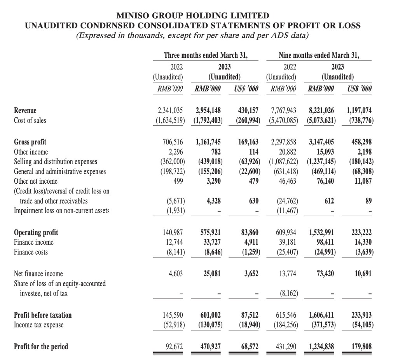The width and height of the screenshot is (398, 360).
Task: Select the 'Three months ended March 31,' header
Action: [x=206, y=55]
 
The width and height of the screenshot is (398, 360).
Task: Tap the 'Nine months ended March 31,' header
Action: [x=319, y=55]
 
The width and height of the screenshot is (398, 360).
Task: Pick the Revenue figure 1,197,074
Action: [x=358, y=110]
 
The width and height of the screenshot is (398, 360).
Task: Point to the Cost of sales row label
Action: [x=30, y=120]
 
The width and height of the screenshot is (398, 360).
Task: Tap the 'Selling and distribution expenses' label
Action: [x=56, y=161]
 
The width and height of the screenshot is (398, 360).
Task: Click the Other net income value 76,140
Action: [x=323, y=181]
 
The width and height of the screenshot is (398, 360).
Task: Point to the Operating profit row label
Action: [x=36, y=232]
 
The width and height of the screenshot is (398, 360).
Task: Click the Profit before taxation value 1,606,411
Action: [x=321, y=315]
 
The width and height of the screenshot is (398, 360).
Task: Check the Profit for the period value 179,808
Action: [x=361, y=346]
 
